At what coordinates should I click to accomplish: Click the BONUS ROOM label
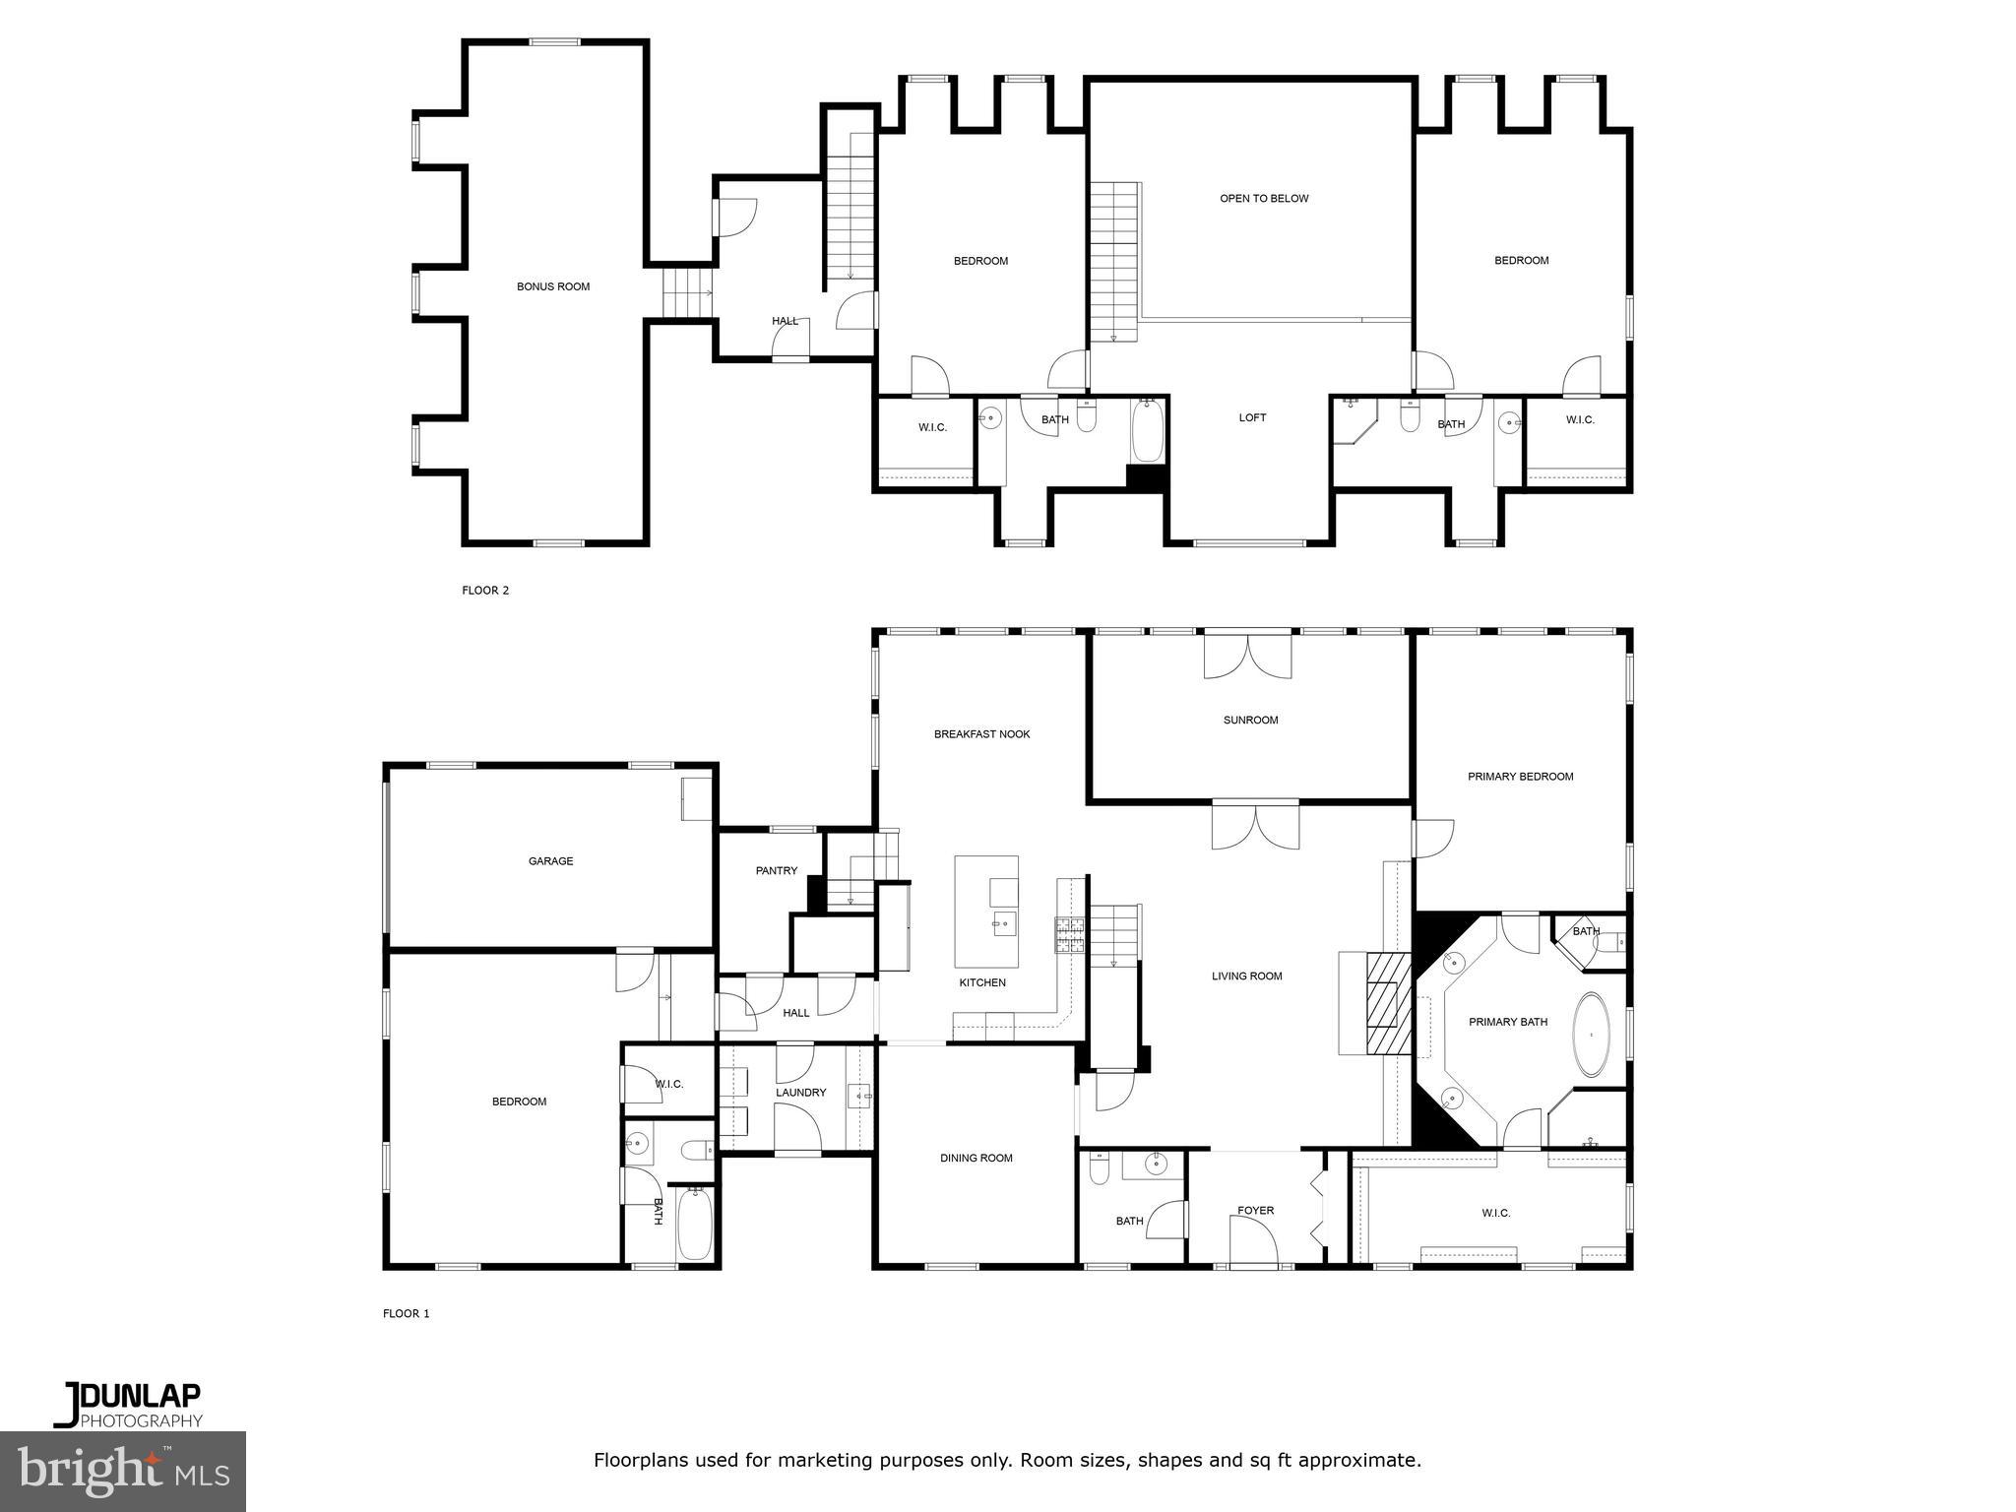click(553, 287)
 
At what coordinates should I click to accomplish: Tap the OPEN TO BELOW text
click(1264, 199)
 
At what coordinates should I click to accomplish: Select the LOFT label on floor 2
click(1252, 418)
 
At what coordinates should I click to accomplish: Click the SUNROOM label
click(1250, 721)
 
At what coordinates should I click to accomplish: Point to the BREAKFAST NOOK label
click(981, 734)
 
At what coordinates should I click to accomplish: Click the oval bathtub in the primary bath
click(1592, 1034)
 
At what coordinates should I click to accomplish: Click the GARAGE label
click(550, 861)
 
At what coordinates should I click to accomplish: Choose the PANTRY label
click(776, 871)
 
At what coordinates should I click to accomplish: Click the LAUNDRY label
click(800, 1093)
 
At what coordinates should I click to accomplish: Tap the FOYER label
click(1255, 1211)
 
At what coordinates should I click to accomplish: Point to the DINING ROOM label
click(976, 1159)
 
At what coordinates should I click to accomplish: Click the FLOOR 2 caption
click(485, 591)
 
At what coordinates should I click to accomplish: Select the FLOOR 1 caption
click(407, 1314)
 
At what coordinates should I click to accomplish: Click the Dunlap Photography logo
click(128, 1405)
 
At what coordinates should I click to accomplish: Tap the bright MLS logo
click(123, 1471)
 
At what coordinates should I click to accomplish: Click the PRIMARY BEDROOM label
click(1520, 777)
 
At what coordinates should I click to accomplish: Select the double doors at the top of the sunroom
click(1247, 656)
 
